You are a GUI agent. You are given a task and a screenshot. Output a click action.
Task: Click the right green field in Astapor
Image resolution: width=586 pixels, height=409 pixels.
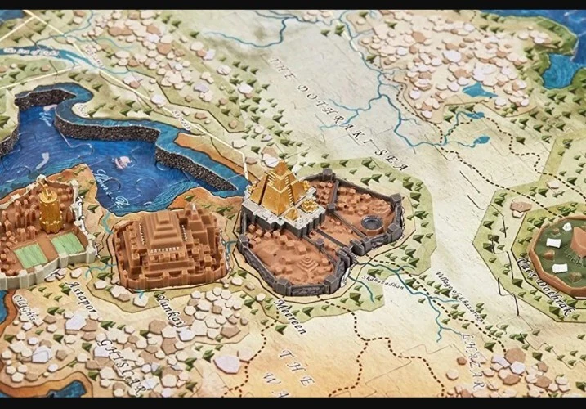coord(69,244)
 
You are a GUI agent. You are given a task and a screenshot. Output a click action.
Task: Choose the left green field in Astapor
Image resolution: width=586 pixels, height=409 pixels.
coord(32,256)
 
